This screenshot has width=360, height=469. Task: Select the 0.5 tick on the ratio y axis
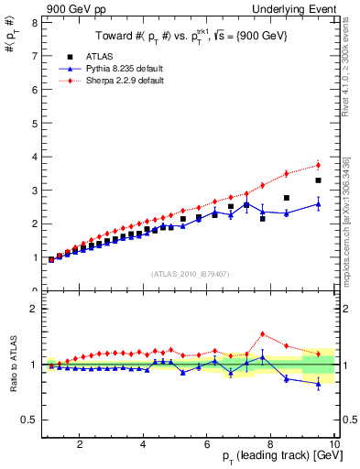point(30,420)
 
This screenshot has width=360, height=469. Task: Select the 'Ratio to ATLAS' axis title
point(12,364)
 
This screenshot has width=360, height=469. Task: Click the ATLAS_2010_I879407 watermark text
point(189,274)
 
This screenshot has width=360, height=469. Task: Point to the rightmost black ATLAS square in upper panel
point(318,180)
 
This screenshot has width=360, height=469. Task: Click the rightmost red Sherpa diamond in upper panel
point(318,165)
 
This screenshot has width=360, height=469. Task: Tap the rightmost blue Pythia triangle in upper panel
point(318,203)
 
